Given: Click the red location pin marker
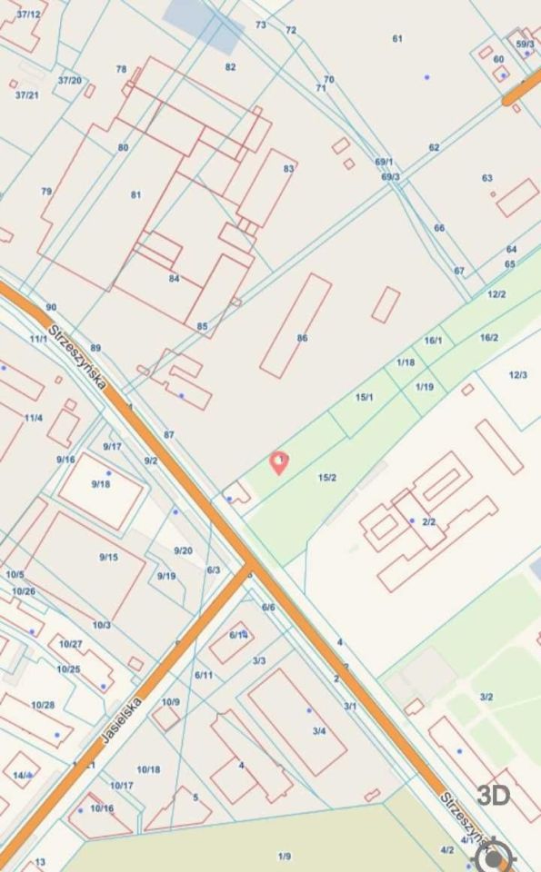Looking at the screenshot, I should pos(280,462).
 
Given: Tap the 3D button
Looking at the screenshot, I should pos(494,796).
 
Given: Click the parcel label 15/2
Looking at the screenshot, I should pos(327,478).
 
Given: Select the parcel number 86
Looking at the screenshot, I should pos(302,338).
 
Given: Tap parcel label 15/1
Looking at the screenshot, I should pos(365,397).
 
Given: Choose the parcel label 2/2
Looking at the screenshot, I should pos(429,521).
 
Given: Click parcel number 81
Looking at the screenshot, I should pos(136,194).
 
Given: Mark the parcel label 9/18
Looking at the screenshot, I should pos(100,484).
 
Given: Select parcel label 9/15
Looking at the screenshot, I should pos(108,557).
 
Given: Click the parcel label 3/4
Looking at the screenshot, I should pos(318,730).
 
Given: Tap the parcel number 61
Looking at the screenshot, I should pos(397,38).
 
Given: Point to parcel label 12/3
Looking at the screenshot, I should pos(517,375).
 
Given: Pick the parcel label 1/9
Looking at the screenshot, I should pos(285,856).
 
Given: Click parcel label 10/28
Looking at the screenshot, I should pos(43,705).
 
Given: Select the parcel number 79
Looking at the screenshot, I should pos(46,192).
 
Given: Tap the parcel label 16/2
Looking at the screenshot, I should pos(488,337).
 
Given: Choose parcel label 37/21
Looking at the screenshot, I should pos(26,94).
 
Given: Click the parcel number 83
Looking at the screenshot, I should pos(289,168).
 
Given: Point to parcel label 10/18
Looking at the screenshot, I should pos(149,769).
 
